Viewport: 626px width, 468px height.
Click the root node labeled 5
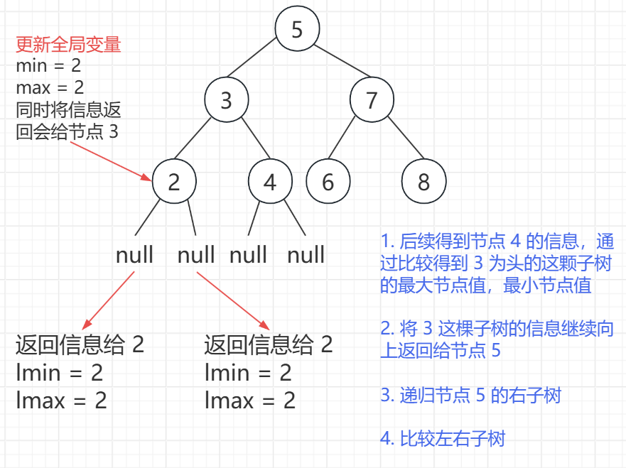click(298, 29)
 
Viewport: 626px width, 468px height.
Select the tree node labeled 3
click(226, 100)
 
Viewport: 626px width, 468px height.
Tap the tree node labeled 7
click(372, 100)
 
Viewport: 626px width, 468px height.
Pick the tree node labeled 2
click(174, 182)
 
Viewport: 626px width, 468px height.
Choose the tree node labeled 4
click(270, 182)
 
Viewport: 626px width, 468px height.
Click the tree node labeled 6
click(328, 182)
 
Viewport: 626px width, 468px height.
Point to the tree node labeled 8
click(423, 182)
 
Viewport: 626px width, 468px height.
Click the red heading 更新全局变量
click(68, 46)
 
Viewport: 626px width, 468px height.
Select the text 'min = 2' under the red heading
click(48, 67)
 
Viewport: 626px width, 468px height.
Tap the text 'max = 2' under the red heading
click(50, 88)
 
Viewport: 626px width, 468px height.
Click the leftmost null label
click(134, 255)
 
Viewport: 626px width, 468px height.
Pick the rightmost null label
click(306, 255)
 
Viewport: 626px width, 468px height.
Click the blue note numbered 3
click(470, 396)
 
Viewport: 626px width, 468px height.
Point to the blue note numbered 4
click(442, 439)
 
